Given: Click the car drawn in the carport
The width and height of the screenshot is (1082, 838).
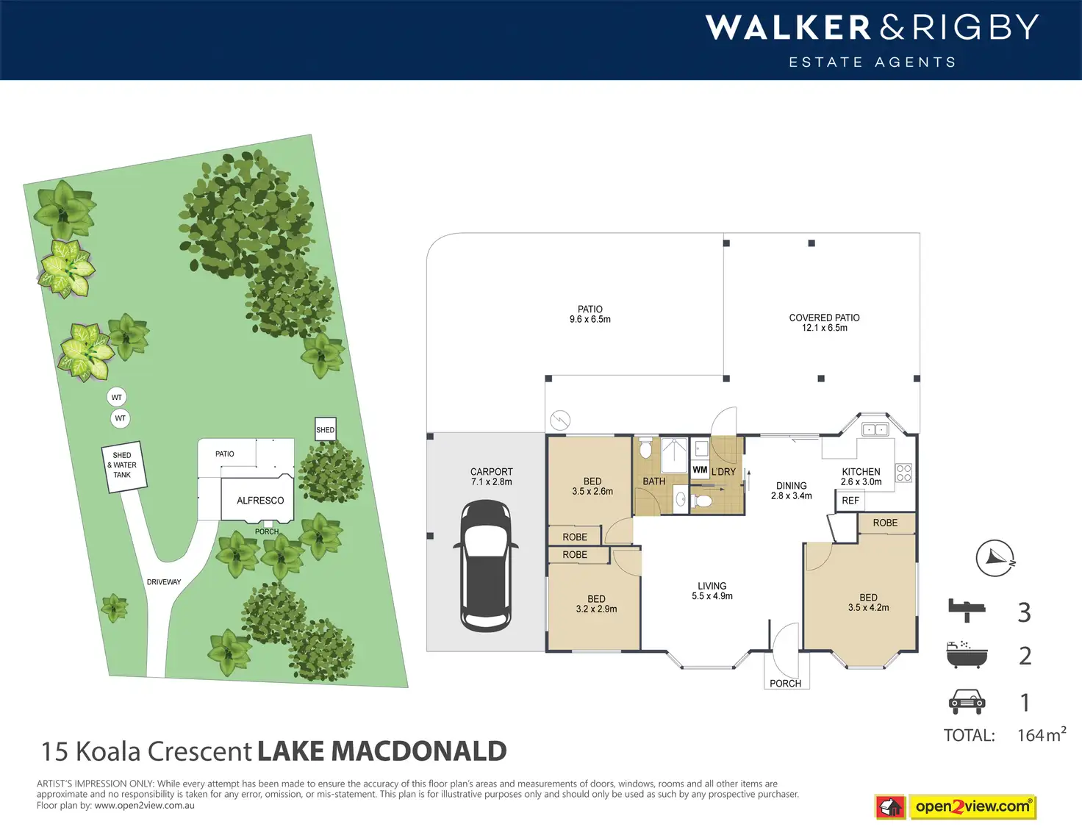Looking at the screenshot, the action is tap(486, 565).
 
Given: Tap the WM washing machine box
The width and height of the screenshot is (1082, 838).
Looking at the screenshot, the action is tap(700, 470).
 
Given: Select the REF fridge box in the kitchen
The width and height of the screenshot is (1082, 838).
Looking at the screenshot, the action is tap(850, 501).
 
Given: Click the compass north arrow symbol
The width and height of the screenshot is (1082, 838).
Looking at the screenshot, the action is tap(995, 558).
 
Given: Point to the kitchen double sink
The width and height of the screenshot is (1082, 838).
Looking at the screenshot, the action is tap(875, 429).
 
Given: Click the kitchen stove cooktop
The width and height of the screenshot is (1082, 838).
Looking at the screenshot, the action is tap(903, 473).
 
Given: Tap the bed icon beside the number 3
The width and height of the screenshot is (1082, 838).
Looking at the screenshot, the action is tap(967, 610).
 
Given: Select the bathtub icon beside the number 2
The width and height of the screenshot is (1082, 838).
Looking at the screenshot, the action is tap(967, 655).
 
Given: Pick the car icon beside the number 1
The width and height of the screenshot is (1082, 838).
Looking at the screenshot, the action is tap(967, 702).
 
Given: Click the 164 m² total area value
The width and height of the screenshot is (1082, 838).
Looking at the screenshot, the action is tap(1042, 734).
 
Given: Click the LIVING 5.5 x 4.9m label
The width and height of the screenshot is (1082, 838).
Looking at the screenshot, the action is tap(712, 590).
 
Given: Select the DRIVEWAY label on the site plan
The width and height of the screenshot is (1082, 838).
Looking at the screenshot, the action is tap(164, 581).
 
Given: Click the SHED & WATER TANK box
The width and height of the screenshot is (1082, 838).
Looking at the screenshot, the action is tap(124, 467).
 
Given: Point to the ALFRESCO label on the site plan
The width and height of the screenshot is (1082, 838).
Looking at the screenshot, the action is tap(260, 501).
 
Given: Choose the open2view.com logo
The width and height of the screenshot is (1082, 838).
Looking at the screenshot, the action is tap(956, 806).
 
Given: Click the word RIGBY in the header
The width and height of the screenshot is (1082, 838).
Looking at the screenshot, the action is tap(975, 27).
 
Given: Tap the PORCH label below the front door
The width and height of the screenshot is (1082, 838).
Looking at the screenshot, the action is tap(785, 683).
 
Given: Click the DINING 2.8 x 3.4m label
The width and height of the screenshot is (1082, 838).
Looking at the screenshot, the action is tap(791, 490).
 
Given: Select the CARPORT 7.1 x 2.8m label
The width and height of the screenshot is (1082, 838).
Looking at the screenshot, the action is tap(492, 476).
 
